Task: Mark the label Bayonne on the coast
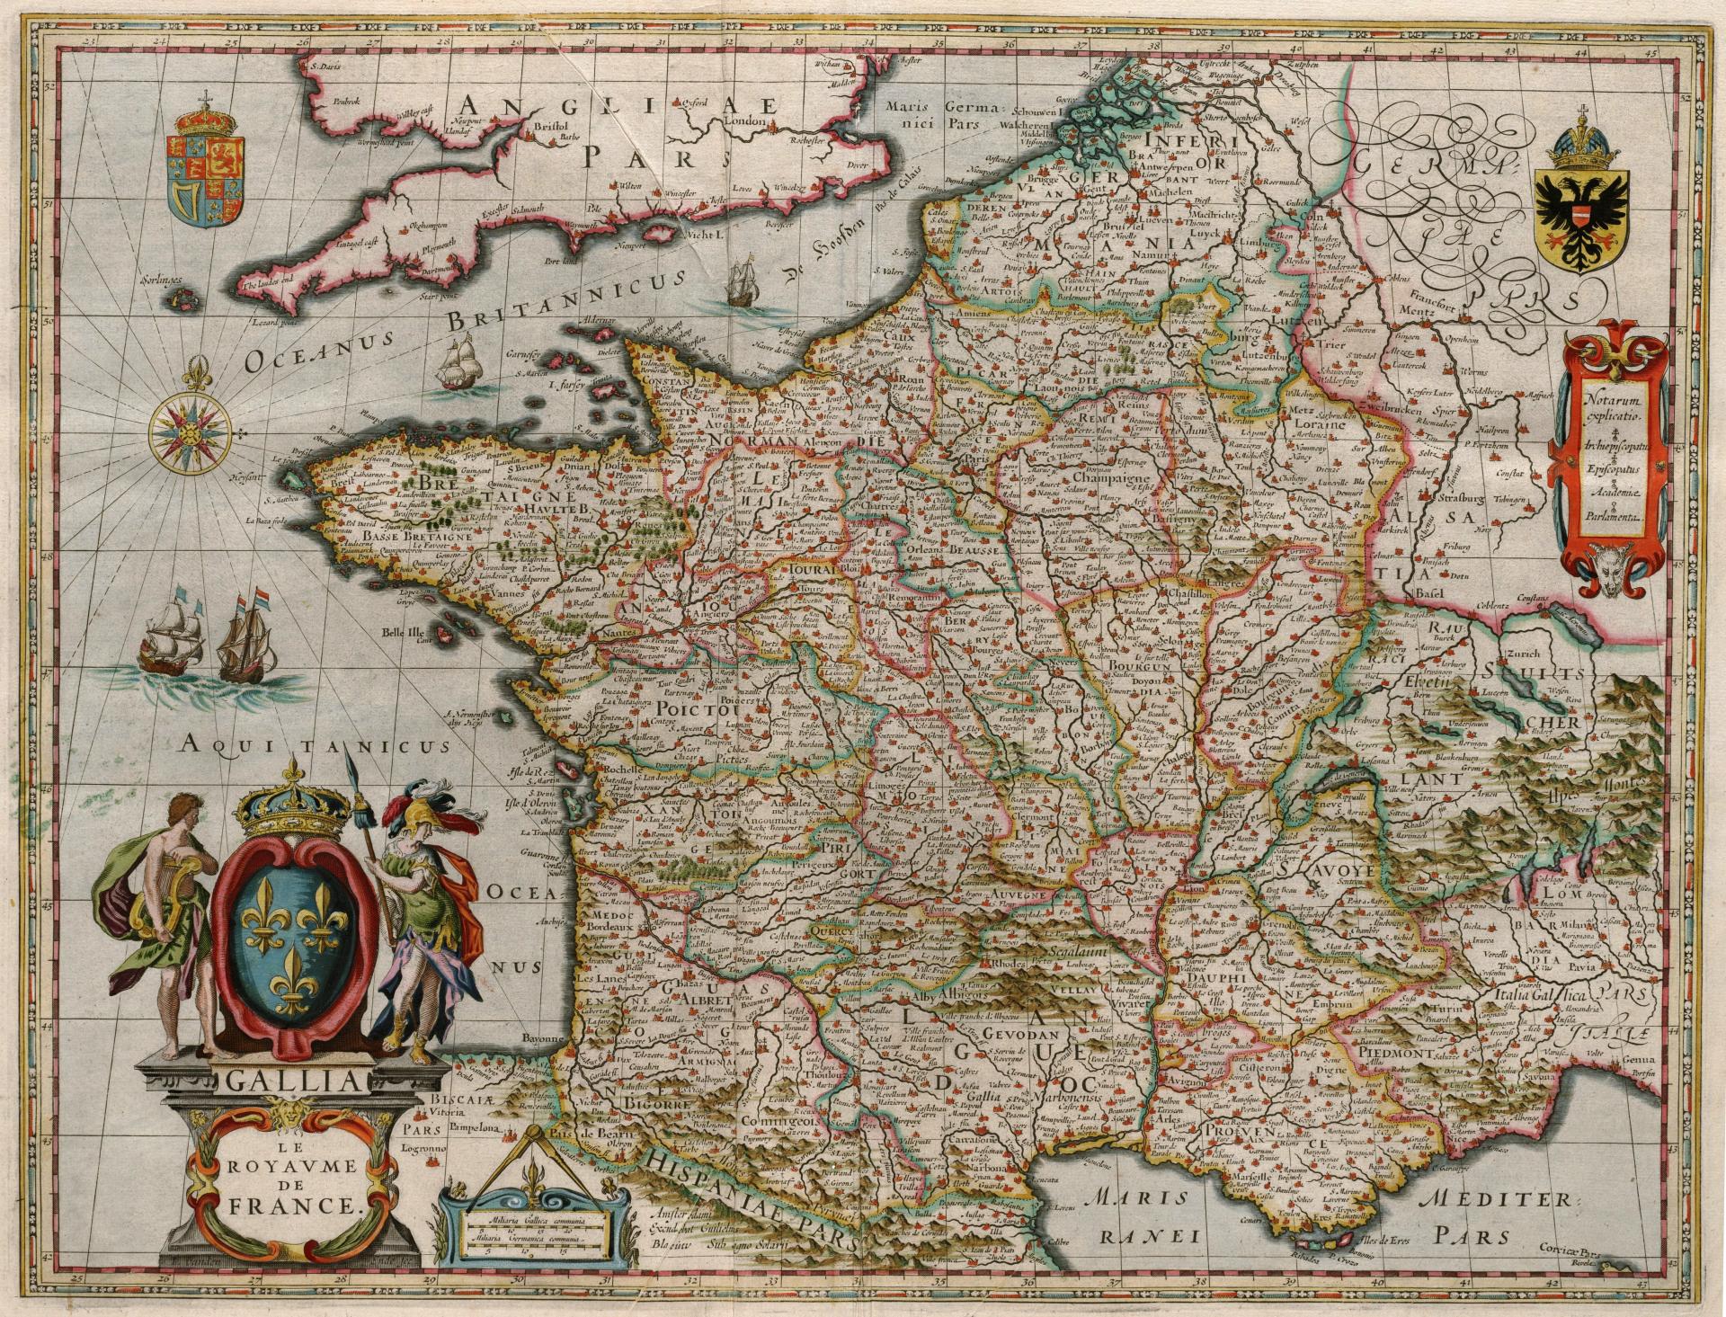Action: pyautogui.click(x=539, y=1037)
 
